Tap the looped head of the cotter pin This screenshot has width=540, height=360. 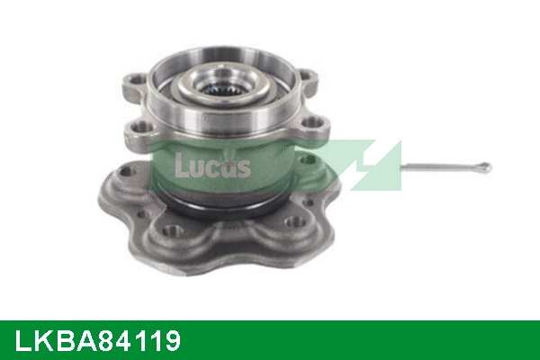(483, 167)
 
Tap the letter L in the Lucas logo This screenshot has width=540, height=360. (180, 162)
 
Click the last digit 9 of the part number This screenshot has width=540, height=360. (171, 341)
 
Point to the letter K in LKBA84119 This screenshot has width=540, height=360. (40, 341)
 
